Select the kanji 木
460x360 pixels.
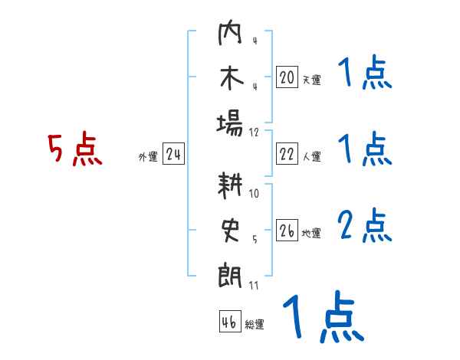pos(230,80)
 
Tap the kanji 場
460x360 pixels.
pos(230,123)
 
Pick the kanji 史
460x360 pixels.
pos(230,231)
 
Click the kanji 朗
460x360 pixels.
pos(230,274)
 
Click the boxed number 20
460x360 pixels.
pos(287,77)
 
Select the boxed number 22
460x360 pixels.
pos(287,155)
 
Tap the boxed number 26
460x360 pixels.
pos(287,231)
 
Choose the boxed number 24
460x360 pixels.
pos(173,155)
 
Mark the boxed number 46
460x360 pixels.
pos(229,322)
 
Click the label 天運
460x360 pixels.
pos(311,80)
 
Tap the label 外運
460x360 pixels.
pos(148,158)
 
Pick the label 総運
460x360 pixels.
pos(255,325)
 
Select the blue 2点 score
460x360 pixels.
pos(365,227)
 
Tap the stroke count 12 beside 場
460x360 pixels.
pos(255,133)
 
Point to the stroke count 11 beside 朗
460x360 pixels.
pos(254,286)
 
